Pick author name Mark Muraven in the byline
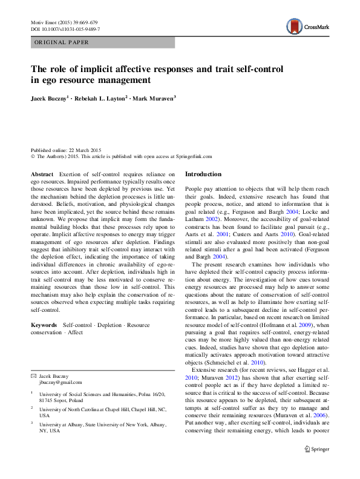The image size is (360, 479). click(x=152, y=98)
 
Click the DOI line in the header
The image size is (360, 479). click(x=65, y=28)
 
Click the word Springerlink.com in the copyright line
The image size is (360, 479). click(x=192, y=156)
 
